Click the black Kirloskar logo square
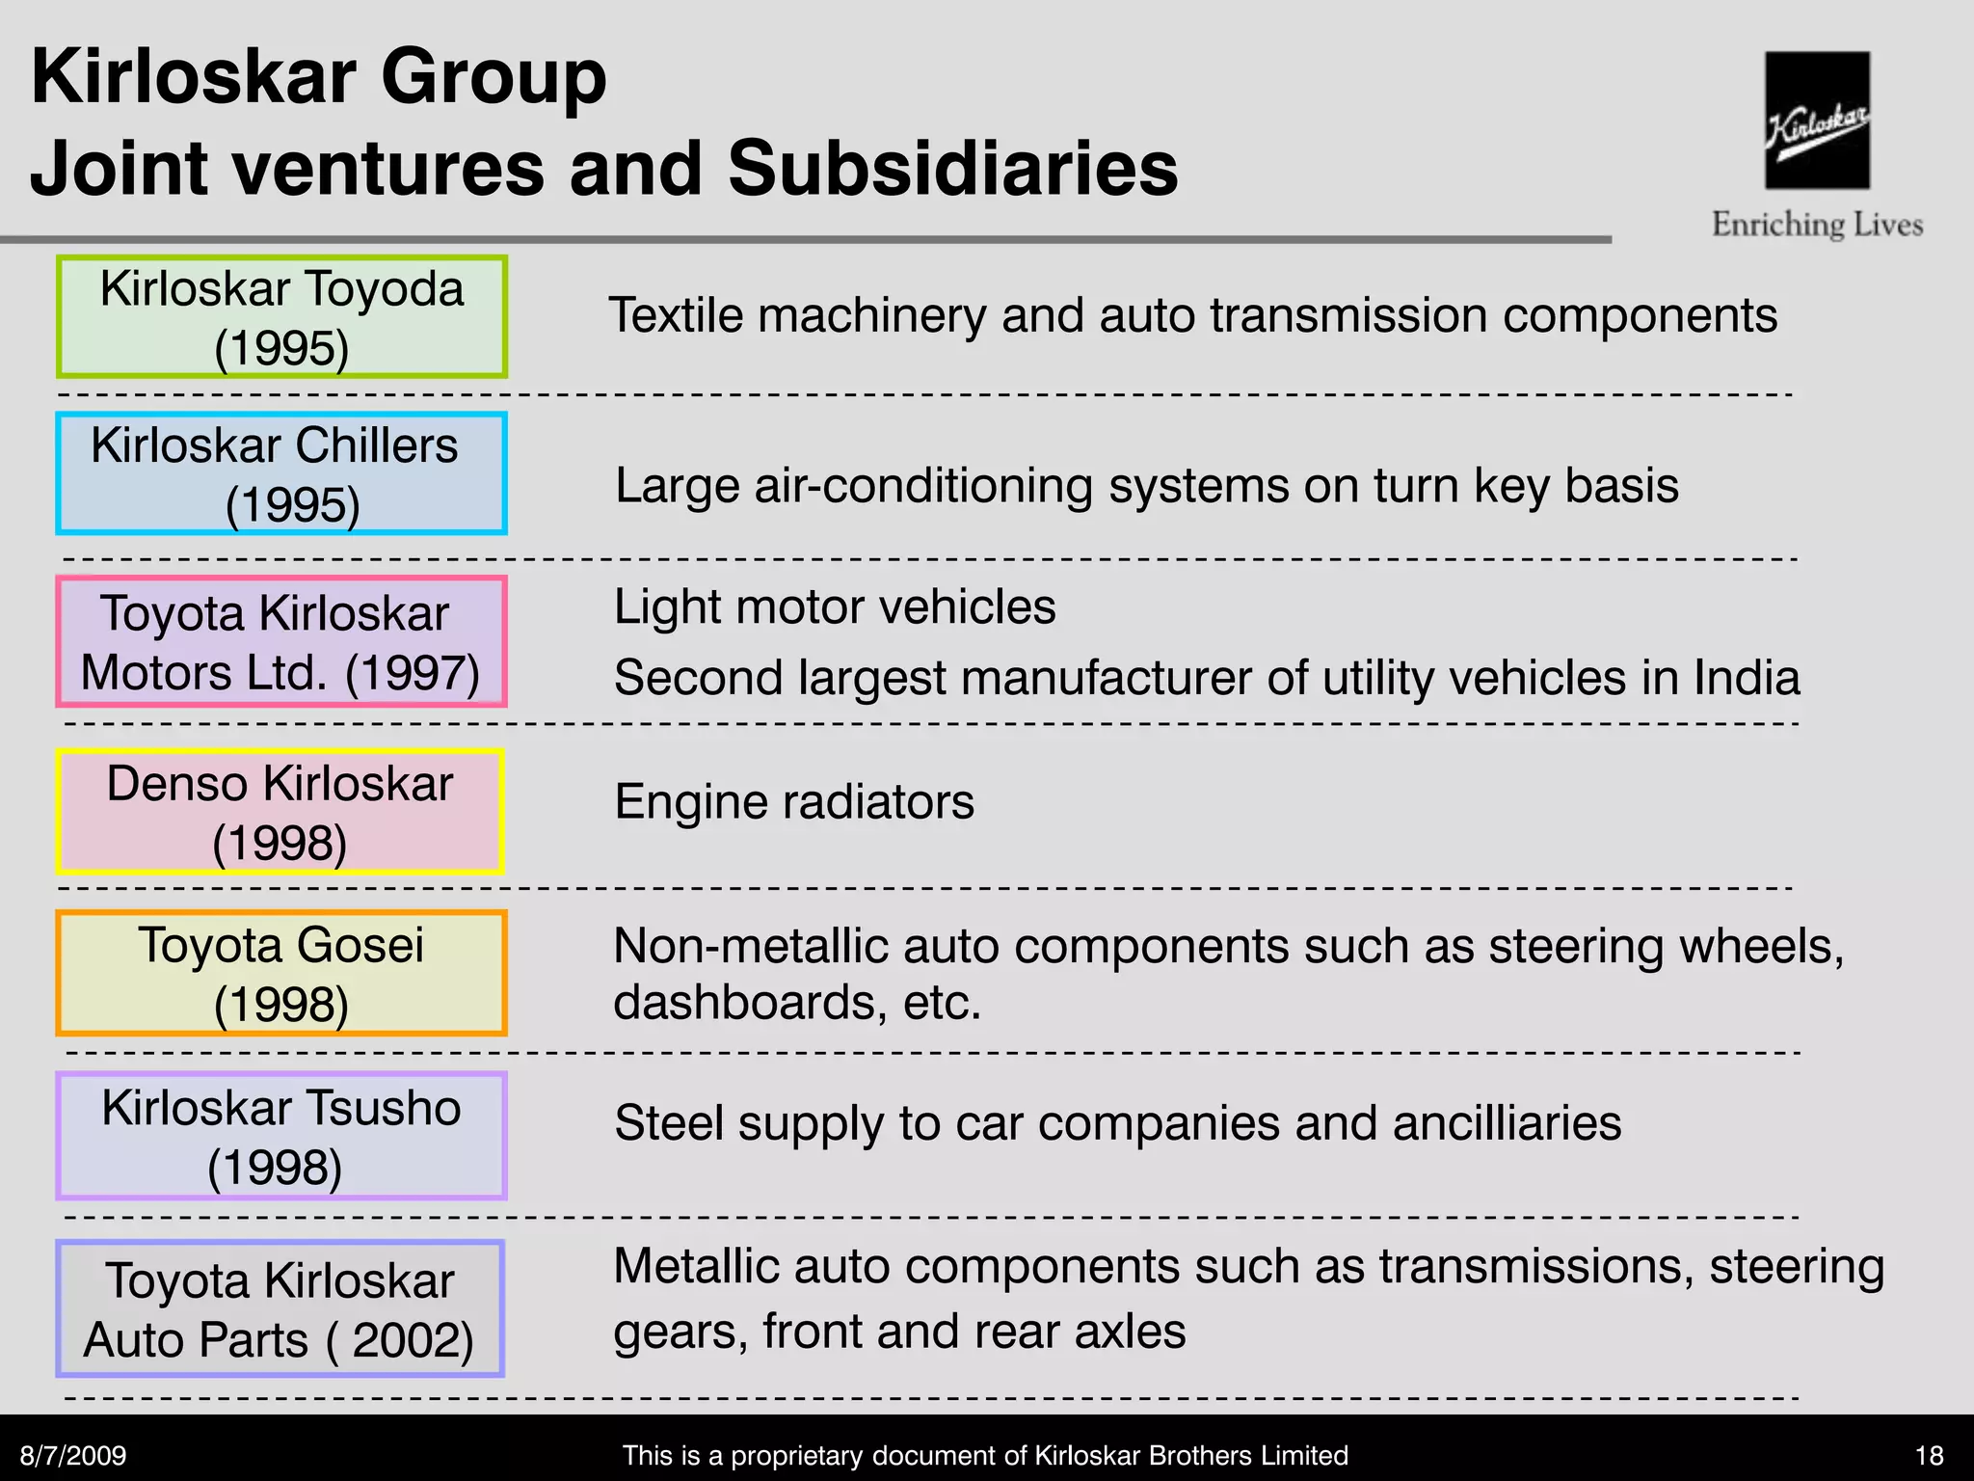click(1817, 120)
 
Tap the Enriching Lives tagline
click(1817, 225)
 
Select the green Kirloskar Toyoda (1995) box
click(281, 316)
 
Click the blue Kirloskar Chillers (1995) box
click(281, 473)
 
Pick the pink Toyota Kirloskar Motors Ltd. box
click(281, 641)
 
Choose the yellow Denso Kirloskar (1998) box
click(280, 812)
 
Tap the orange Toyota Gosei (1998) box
click(281, 973)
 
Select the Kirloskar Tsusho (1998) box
click(281, 1136)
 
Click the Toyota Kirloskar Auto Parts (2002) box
click(280, 1308)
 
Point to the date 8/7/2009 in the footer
click(73, 1455)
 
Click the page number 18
click(1929, 1455)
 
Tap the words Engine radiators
click(794, 801)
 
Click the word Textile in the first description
click(676, 315)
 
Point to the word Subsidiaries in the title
click(952, 168)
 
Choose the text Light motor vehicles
click(835, 607)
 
